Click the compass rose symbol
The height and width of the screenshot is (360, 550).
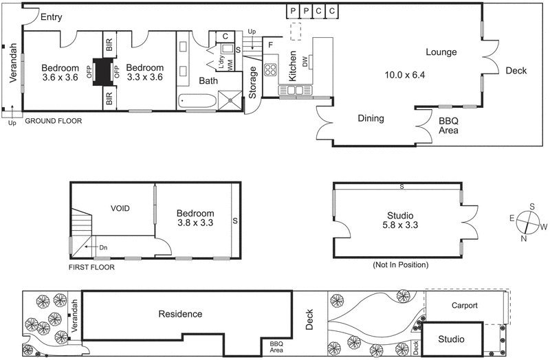tap(527, 221)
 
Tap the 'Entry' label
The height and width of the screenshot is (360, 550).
tap(52, 17)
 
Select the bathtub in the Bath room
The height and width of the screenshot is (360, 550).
tap(197, 102)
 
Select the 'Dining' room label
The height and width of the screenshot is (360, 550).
tap(371, 118)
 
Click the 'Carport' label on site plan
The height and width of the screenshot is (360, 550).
tap(465, 306)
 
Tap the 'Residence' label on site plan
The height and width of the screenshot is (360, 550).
tap(180, 314)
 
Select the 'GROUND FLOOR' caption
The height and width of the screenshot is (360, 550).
tap(54, 121)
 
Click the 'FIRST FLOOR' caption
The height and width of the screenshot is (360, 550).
tap(91, 267)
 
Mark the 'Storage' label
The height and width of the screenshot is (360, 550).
tap(252, 82)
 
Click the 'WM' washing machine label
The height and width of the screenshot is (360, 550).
tap(229, 63)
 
